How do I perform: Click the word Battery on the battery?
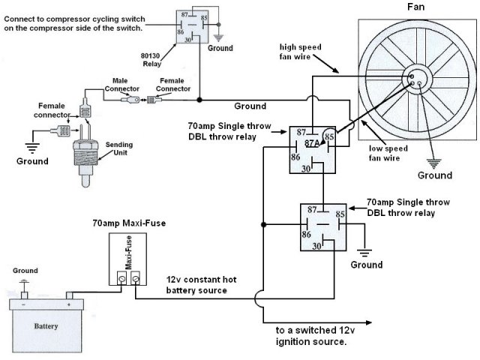pyautogui.click(x=46, y=326)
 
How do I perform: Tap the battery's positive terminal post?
pyautogui.click(x=69, y=295)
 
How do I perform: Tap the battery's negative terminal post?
pyautogui.click(x=24, y=295)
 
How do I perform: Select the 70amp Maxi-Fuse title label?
pyautogui.click(x=129, y=223)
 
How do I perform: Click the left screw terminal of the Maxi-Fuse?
pyautogui.click(x=121, y=278)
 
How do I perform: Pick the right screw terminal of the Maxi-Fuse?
pyautogui.click(x=135, y=278)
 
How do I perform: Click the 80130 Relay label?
pyautogui.click(x=151, y=60)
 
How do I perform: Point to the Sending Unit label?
pyautogui.click(x=119, y=148)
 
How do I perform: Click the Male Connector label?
pyautogui.click(x=121, y=85)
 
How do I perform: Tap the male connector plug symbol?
pyautogui.click(x=130, y=100)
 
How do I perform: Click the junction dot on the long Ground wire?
pyautogui.click(x=199, y=100)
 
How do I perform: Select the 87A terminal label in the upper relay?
pyautogui.click(x=312, y=143)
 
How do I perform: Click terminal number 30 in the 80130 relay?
pyautogui.click(x=187, y=40)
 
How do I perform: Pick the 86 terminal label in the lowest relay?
pyautogui.click(x=306, y=235)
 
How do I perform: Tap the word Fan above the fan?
pyautogui.click(x=415, y=7)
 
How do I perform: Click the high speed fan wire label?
pyautogui.click(x=300, y=52)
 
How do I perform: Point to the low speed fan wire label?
pyautogui.click(x=388, y=153)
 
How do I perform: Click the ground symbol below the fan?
pyautogui.click(x=433, y=163)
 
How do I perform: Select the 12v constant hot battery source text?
pyautogui.click(x=201, y=285)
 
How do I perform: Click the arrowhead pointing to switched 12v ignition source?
pyautogui.click(x=368, y=322)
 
